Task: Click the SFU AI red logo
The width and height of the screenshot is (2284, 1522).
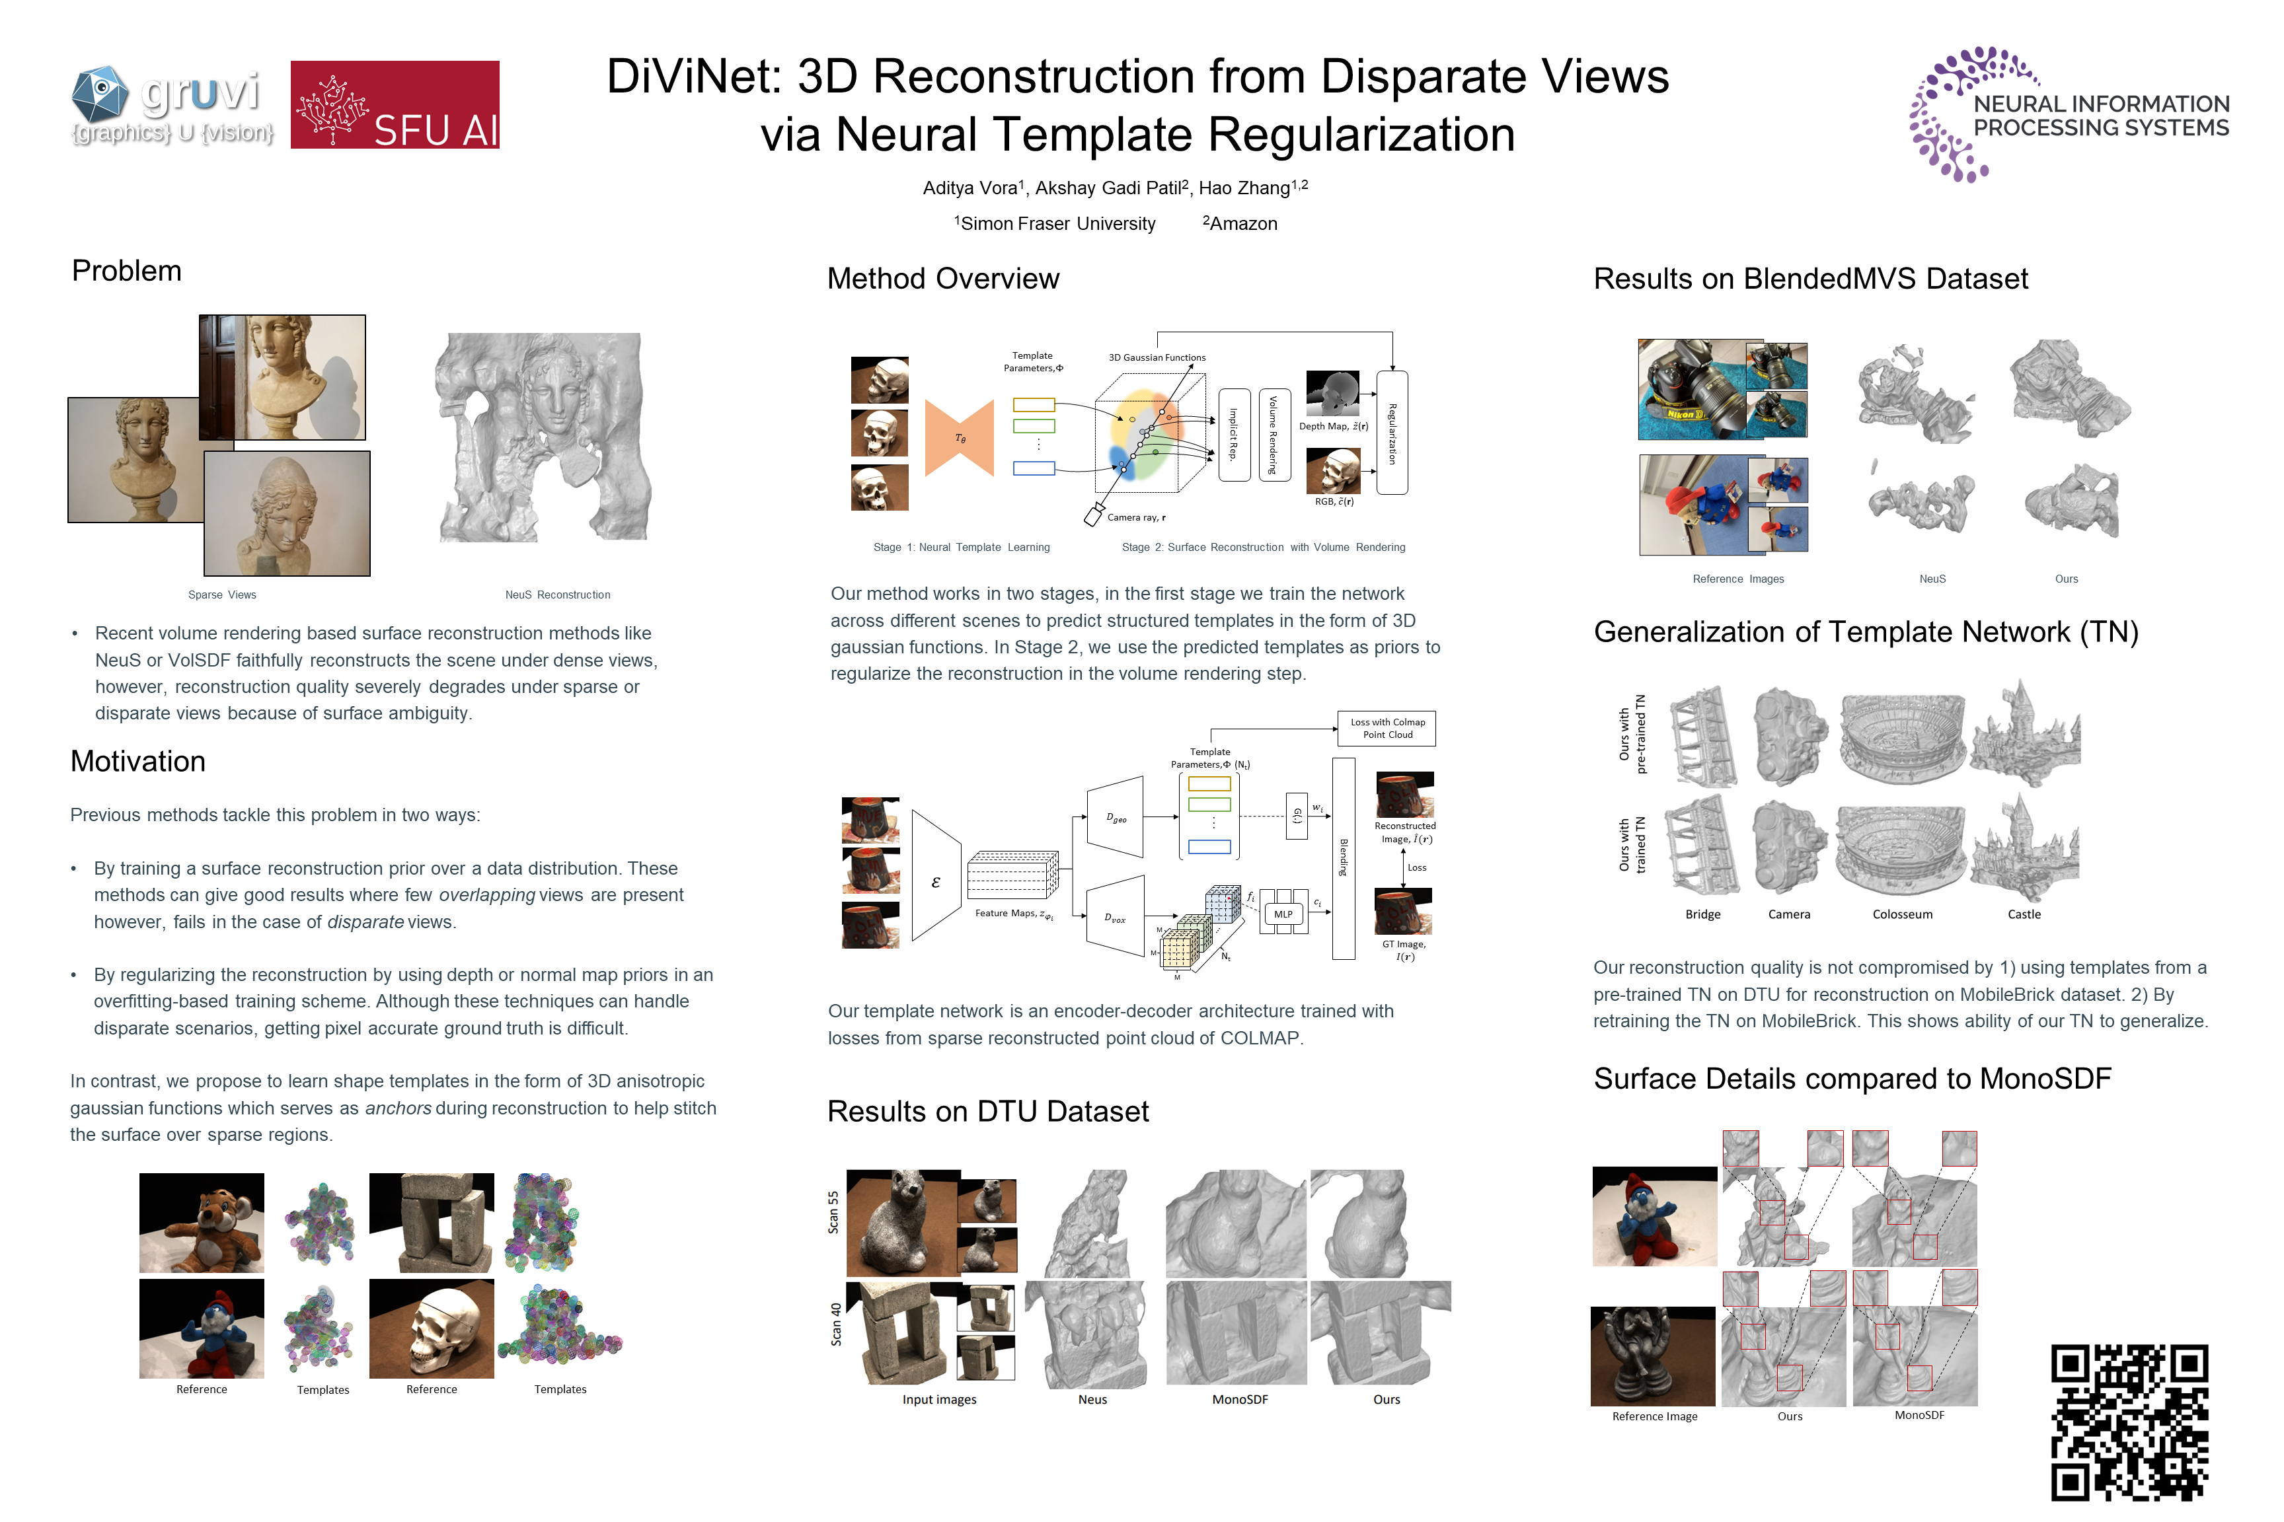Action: [395, 105]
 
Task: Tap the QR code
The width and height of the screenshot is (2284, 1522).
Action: [2129, 1422]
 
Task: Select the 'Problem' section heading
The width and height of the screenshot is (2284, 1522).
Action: [126, 271]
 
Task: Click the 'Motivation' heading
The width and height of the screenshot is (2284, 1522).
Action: [138, 761]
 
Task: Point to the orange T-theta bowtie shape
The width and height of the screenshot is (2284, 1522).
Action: [960, 438]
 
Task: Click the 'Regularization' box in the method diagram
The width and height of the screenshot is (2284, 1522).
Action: [1392, 433]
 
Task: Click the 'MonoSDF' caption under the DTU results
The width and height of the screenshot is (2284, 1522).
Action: [1239, 1400]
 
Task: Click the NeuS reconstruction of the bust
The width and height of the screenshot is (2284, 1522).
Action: [544, 437]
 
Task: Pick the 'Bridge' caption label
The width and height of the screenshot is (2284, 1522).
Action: [1702, 914]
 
